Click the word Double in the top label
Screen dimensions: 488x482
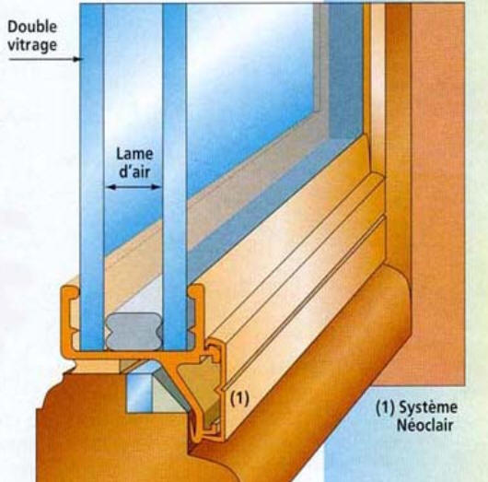click(x=32, y=28)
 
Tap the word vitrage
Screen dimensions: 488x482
click(x=32, y=45)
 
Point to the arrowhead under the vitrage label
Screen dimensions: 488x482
click(x=77, y=59)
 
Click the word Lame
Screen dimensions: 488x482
click(x=134, y=154)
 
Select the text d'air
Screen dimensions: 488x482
click(x=134, y=171)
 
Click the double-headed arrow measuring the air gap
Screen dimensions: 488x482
click(x=134, y=187)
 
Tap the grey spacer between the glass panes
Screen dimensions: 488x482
click(x=134, y=332)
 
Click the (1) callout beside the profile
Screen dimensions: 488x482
click(x=239, y=398)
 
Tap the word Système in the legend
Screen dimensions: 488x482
click(x=428, y=407)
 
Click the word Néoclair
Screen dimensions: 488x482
click(x=424, y=425)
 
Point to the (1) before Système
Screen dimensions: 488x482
click(x=385, y=407)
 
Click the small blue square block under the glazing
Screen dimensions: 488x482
click(x=139, y=393)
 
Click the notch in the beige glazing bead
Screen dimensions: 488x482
click(x=222, y=390)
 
